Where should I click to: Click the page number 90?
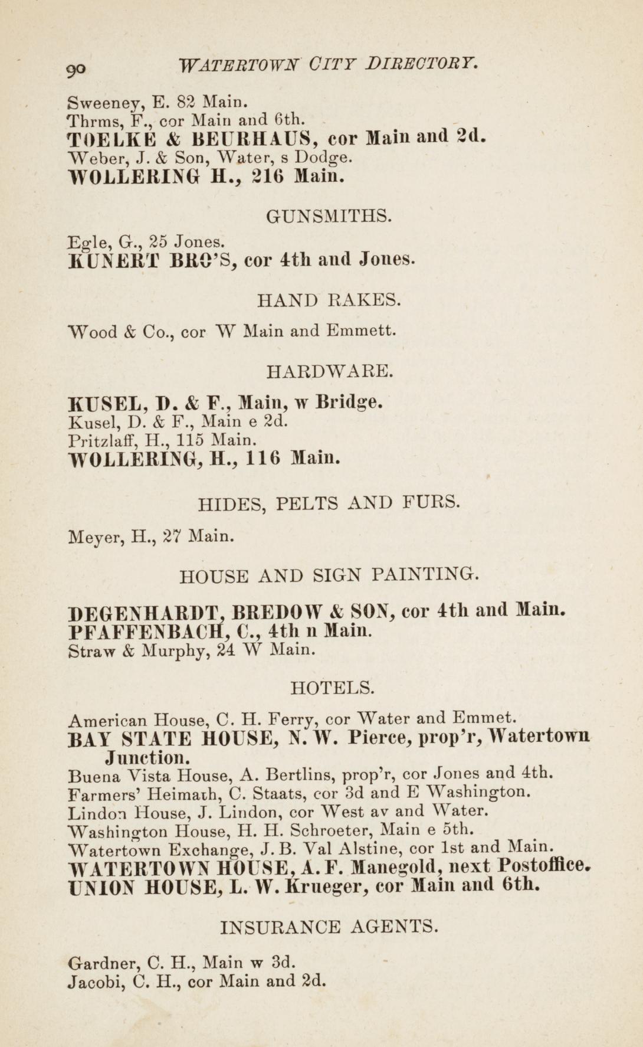pyautogui.click(x=77, y=68)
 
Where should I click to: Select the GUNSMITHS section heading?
pyautogui.click(x=329, y=217)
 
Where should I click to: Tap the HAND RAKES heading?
pyautogui.click(x=329, y=300)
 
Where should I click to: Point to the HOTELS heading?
pyautogui.click(x=333, y=688)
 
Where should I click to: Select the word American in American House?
pyautogui.click(x=107, y=721)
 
